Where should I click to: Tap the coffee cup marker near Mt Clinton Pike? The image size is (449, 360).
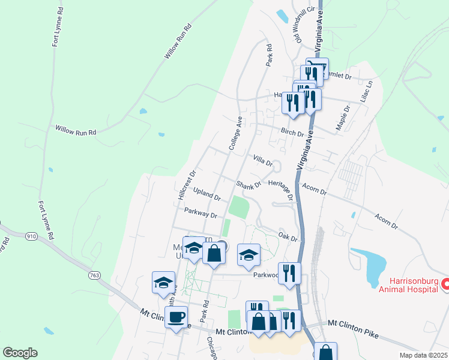176,316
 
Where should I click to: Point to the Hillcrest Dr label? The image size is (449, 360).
187,185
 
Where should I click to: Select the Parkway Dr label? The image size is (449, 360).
200,212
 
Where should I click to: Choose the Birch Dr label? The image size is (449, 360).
292,131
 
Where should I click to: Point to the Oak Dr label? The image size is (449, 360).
288,235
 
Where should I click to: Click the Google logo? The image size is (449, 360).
20,353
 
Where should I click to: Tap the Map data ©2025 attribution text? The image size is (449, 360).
423,355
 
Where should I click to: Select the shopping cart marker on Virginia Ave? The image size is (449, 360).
316,67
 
